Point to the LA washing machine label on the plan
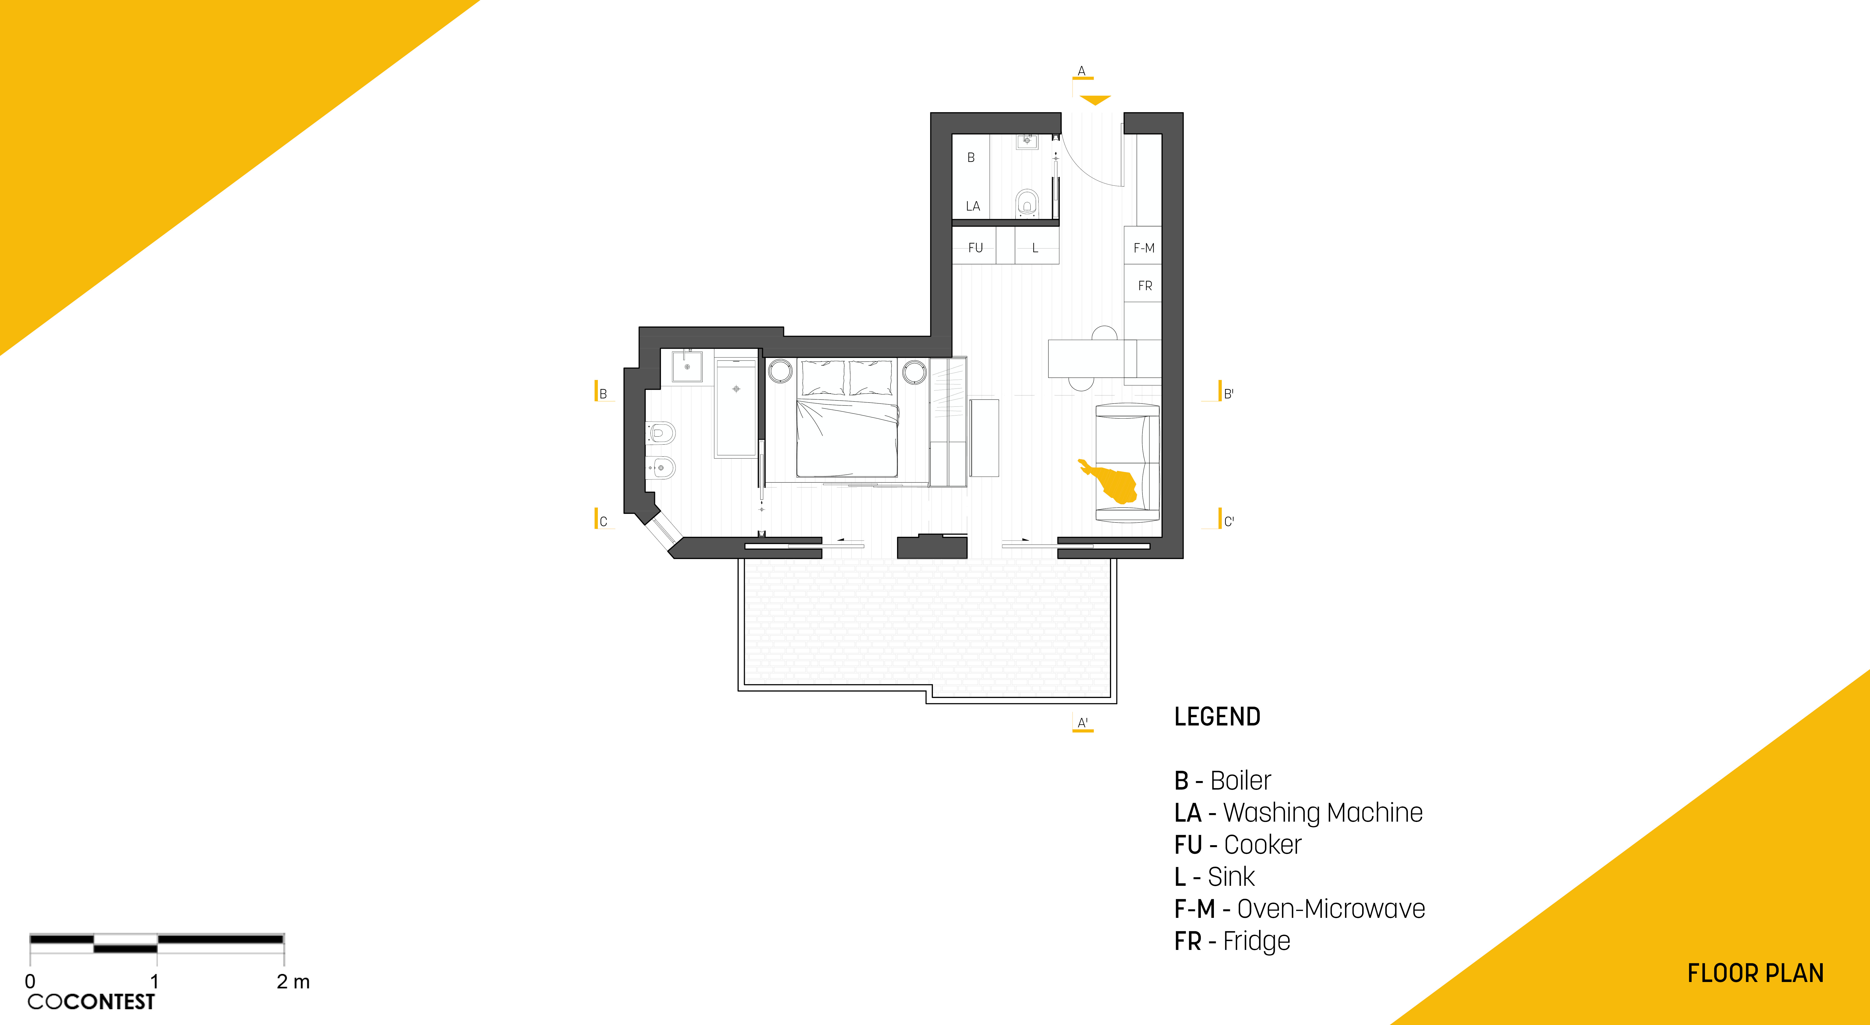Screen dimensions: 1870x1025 [x=973, y=206]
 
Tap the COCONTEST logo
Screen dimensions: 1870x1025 [x=91, y=1002]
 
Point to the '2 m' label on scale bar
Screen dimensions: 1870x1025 [x=293, y=981]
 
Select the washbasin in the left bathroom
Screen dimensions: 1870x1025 [x=687, y=366]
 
